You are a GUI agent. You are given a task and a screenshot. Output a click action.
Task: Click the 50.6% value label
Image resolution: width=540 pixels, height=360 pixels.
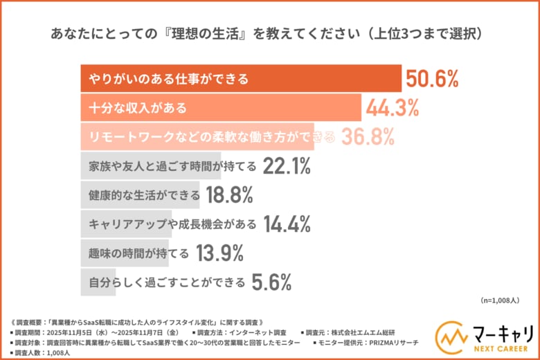(433, 79)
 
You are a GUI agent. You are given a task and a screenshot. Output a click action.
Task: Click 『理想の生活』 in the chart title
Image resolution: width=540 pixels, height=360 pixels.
(225, 33)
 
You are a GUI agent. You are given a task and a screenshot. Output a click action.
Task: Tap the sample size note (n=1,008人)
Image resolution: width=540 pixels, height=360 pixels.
(503, 300)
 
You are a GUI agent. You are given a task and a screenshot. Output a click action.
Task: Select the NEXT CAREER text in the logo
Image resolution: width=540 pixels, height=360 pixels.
(499, 349)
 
